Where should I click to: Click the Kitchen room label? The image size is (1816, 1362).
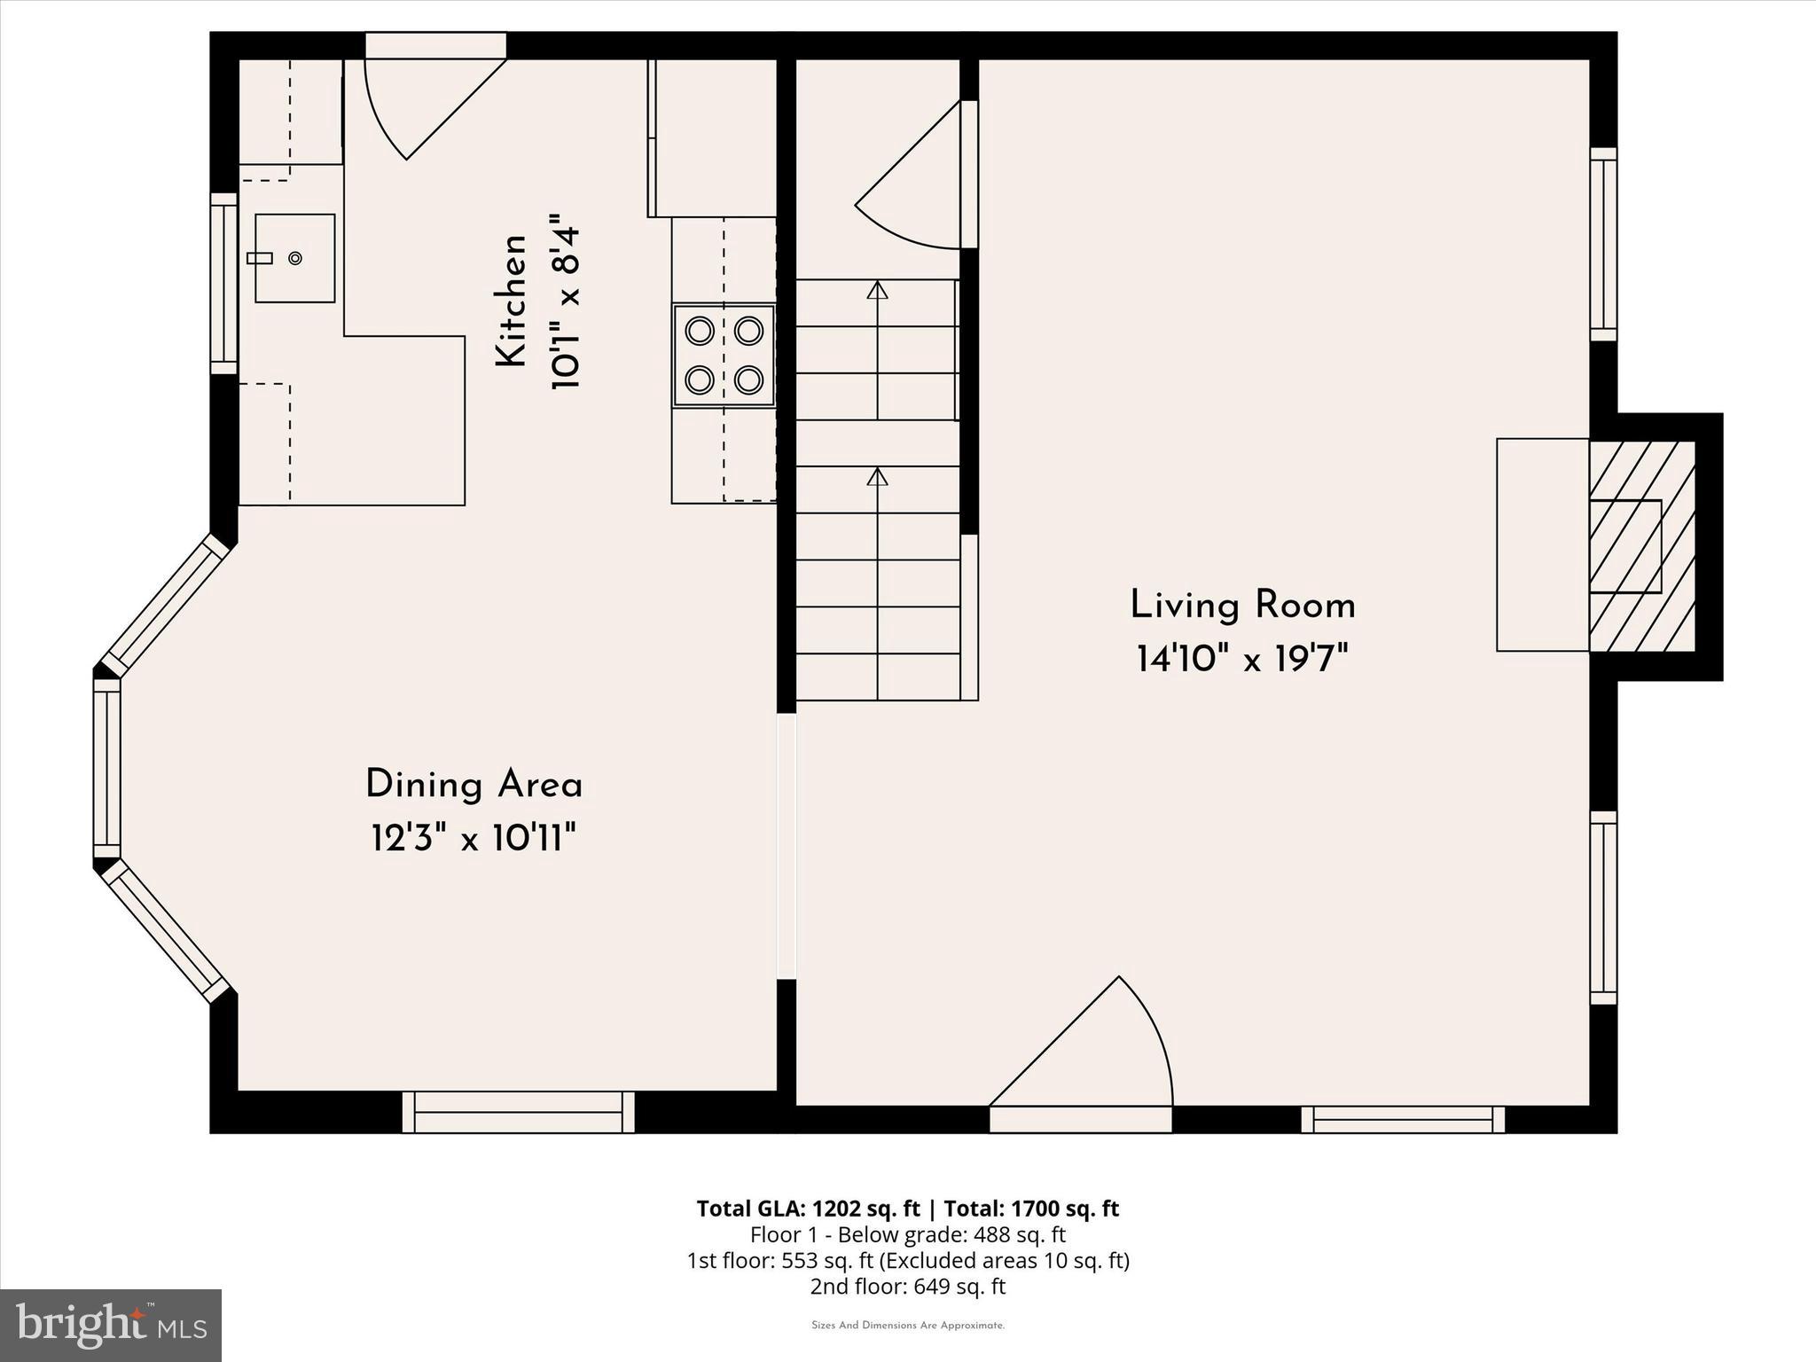[512, 301]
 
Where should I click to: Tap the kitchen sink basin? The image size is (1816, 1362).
[295, 258]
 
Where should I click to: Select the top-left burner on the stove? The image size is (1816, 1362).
[700, 332]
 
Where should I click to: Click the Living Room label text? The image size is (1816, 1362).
[1242, 607]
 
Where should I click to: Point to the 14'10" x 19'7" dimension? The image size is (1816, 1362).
[1242, 660]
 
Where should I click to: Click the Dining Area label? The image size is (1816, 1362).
[474, 786]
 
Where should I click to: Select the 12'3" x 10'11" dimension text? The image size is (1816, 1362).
[474, 838]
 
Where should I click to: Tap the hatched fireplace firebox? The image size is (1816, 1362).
[1640, 545]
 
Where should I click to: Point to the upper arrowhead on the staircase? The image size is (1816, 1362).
[877, 289]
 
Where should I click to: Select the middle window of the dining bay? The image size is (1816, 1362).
[107, 768]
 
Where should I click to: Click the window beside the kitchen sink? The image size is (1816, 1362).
[223, 284]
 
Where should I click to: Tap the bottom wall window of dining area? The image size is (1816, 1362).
[519, 1113]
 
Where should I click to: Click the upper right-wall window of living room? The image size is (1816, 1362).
[1603, 244]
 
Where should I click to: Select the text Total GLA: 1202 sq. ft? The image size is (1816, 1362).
[809, 1209]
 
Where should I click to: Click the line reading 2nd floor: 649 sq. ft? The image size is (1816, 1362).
[907, 1287]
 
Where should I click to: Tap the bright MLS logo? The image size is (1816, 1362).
[111, 1326]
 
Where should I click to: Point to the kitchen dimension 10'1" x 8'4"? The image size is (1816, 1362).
[566, 301]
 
